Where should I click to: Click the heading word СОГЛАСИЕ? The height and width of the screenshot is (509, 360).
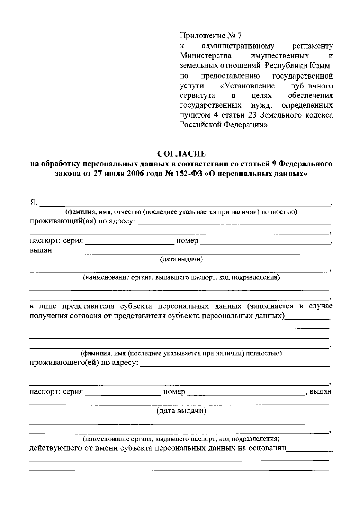pos(182,154)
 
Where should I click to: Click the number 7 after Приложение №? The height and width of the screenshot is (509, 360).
pos(239,36)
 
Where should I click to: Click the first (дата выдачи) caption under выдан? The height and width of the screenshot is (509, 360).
pos(181,259)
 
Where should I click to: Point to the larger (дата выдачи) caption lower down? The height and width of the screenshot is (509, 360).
pos(181,411)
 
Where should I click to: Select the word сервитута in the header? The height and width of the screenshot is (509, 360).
pos(197,96)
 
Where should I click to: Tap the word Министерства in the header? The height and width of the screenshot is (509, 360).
pos(205,56)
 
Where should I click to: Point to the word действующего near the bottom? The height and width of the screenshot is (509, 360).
pos(54,448)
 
